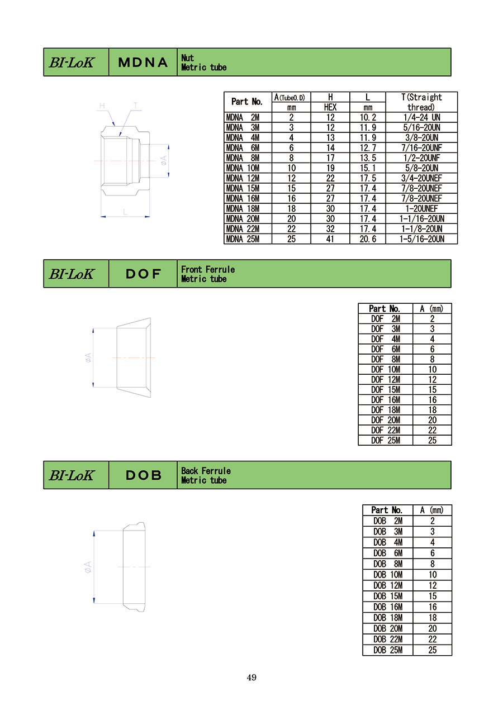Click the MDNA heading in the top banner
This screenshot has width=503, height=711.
coord(143,62)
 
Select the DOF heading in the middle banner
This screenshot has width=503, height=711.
coord(143,274)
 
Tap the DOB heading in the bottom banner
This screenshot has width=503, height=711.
coord(144,475)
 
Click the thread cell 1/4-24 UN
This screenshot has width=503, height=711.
coord(422,117)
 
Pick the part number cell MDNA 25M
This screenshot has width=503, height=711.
coord(243,239)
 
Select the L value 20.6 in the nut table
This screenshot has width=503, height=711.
coord(368,239)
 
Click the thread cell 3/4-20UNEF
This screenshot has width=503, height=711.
coord(422,178)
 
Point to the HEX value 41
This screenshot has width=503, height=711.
coord(330,239)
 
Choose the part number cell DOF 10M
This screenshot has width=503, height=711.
coord(386,370)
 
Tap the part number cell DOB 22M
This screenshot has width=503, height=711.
coord(388,640)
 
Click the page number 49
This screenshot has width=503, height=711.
coord(251,677)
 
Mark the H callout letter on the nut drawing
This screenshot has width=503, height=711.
coord(102,106)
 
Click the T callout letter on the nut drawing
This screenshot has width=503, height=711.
coord(136,106)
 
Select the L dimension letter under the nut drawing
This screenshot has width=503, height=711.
coord(125,212)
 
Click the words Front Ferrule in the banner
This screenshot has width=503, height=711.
coord(208,269)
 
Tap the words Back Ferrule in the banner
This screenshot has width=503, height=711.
coord(206,471)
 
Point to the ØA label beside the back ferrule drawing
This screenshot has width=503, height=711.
coord(88,566)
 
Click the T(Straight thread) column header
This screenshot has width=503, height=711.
coord(421,102)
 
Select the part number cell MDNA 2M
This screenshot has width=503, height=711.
coord(243,117)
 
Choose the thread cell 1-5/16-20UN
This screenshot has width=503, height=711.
coord(422,239)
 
